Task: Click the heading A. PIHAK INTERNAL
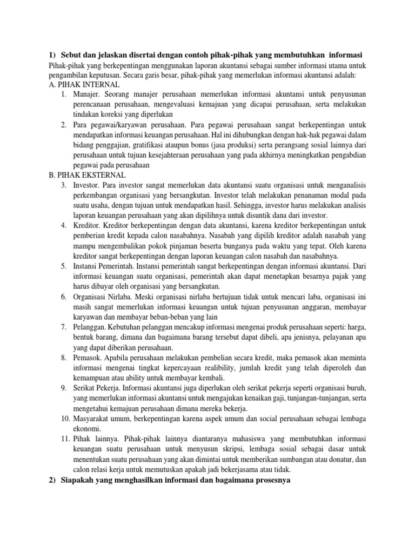point(84,85)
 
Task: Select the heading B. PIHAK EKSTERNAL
point(86,176)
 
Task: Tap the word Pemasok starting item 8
point(86,357)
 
